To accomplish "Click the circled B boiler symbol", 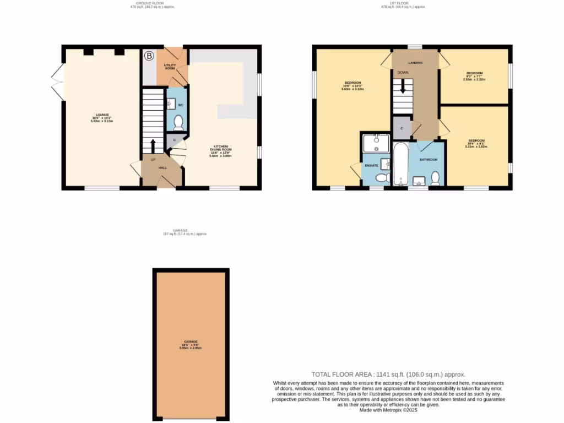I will pos(149,55).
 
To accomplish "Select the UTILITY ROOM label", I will pos(169,67).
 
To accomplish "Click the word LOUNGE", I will pos(101,115).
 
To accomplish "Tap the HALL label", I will pos(163,167).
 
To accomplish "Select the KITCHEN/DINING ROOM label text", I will pos(220,149).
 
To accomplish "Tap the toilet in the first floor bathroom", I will pos(436,177).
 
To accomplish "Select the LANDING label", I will pos(416,63).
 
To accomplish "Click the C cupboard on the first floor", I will pos(402,128).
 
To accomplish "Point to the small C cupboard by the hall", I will pos(175,140).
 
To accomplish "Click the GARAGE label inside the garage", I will pos(191,341).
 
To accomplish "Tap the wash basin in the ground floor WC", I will pos(170,103).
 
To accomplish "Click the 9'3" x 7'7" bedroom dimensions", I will pos(474,77).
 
